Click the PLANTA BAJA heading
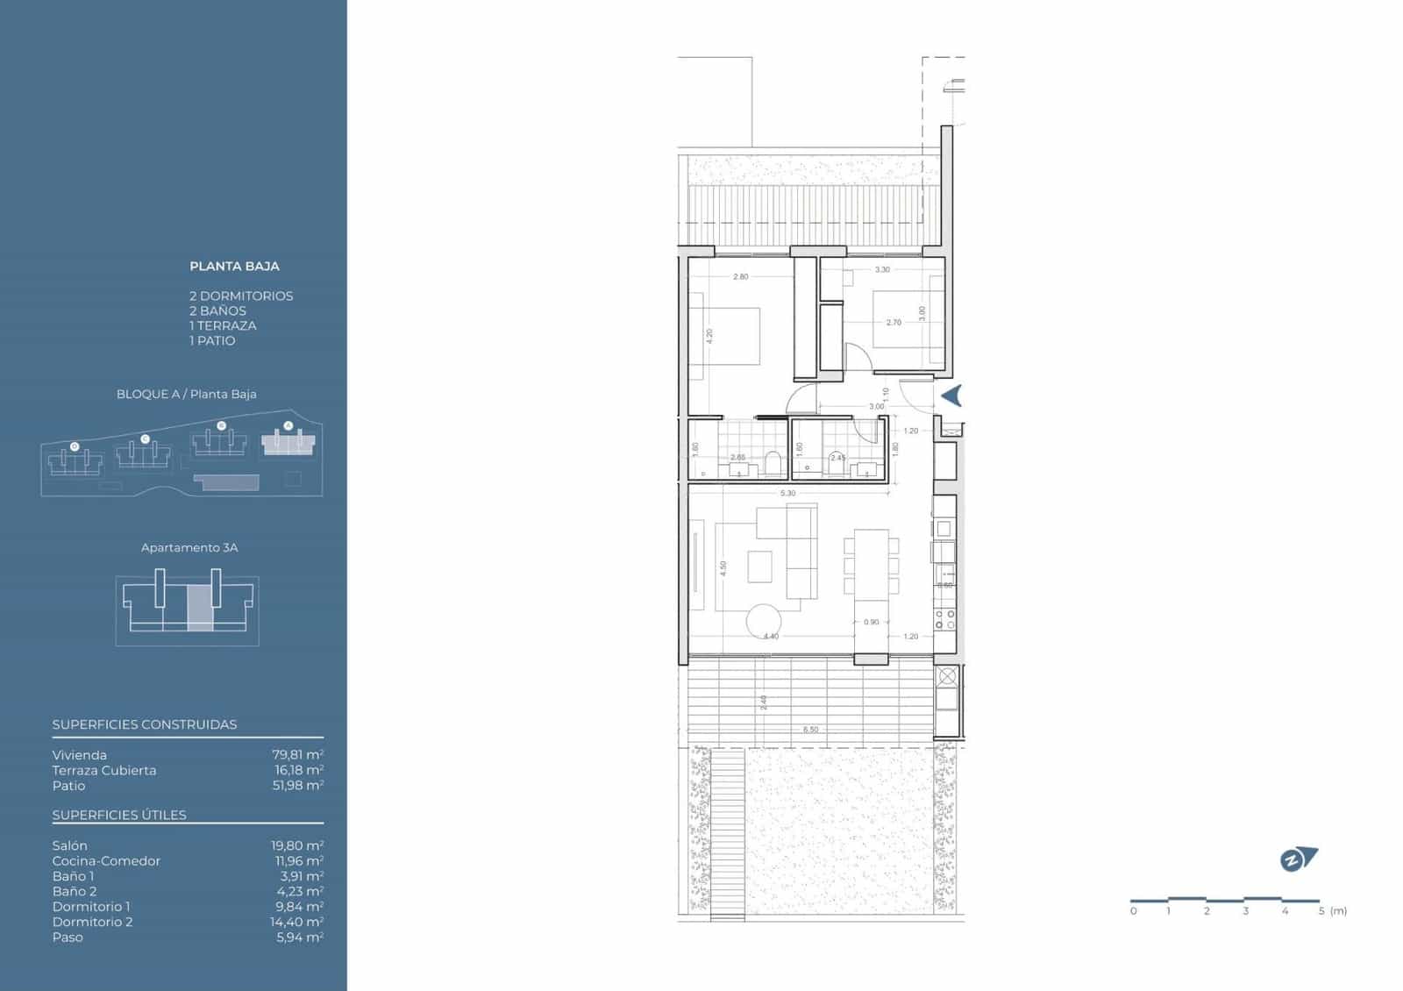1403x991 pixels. click(234, 266)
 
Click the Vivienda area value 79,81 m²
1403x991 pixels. click(297, 754)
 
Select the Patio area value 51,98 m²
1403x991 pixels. click(297, 785)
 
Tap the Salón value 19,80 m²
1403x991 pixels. click(297, 845)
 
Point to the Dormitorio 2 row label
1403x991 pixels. click(92, 922)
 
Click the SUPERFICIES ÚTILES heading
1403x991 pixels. click(119, 815)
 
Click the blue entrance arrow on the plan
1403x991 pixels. click(952, 396)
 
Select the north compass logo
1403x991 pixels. click(1298, 859)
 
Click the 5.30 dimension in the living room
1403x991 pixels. click(787, 494)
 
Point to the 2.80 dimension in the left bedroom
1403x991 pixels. click(741, 276)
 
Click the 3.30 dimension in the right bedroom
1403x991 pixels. click(882, 270)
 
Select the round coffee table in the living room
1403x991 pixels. click(763, 622)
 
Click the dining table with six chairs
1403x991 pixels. click(872, 562)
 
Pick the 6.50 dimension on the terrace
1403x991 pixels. click(811, 730)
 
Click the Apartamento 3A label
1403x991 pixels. click(189, 547)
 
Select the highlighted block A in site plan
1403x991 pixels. click(288, 443)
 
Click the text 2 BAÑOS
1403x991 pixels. click(217, 310)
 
